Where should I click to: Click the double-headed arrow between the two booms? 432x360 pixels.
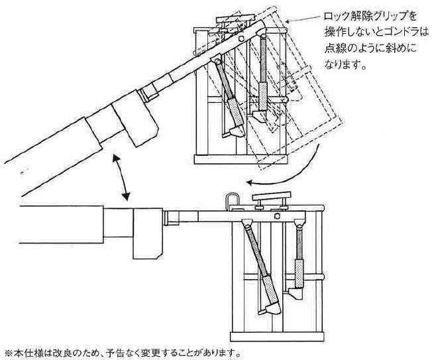click(121, 176)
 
